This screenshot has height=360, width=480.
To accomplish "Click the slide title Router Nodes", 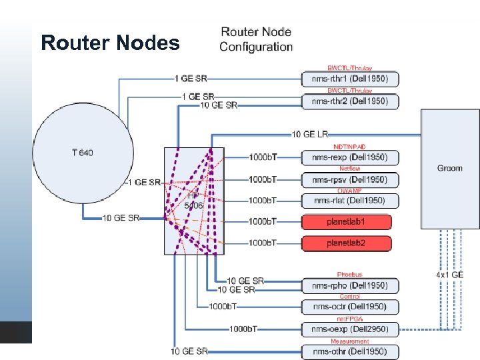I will (x=110, y=43).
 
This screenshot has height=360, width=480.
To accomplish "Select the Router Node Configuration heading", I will (x=256, y=39).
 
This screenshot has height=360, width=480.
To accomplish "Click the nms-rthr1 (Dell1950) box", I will (x=350, y=79).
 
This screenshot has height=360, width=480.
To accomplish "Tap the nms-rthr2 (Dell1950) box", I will (x=350, y=101).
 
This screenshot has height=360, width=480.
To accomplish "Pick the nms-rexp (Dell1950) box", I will (x=350, y=157).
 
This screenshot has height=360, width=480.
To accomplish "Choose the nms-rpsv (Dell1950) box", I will (x=350, y=179).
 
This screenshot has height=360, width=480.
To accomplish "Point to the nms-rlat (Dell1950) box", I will (x=350, y=200).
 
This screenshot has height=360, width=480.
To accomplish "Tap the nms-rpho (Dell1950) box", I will (x=350, y=285).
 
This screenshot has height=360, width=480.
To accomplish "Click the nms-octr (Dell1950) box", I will (x=350, y=307).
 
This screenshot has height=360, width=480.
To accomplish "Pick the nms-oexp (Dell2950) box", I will (x=350, y=329).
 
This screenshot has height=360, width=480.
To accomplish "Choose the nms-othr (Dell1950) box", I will (x=350, y=351).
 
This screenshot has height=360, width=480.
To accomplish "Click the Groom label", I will (x=449, y=168).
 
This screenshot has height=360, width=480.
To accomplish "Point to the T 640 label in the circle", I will (x=83, y=153).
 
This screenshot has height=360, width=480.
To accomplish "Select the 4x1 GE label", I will (x=450, y=275).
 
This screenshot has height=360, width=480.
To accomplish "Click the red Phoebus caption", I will (x=349, y=275).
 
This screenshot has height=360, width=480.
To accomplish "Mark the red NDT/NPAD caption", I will (x=349, y=147).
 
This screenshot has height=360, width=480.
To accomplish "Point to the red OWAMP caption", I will (x=349, y=191).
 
